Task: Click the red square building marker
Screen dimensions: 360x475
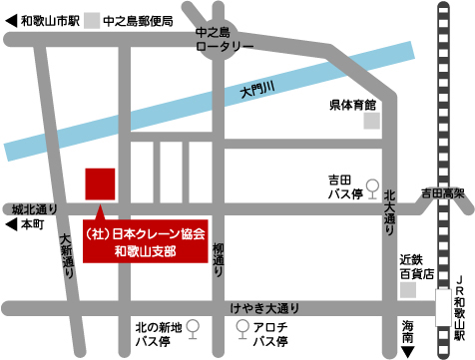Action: (x=100, y=184)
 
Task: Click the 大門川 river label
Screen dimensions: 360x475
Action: (x=256, y=90)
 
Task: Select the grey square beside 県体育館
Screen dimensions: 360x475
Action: (x=371, y=121)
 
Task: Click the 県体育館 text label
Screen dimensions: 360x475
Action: (x=352, y=104)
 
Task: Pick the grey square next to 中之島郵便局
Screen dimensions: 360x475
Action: (x=93, y=20)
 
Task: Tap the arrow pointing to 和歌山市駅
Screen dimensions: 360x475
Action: (x=11, y=20)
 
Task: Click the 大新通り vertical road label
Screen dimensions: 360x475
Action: (x=66, y=255)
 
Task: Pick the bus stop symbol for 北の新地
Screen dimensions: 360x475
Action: (x=193, y=326)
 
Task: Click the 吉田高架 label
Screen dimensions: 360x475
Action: (x=444, y=190)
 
